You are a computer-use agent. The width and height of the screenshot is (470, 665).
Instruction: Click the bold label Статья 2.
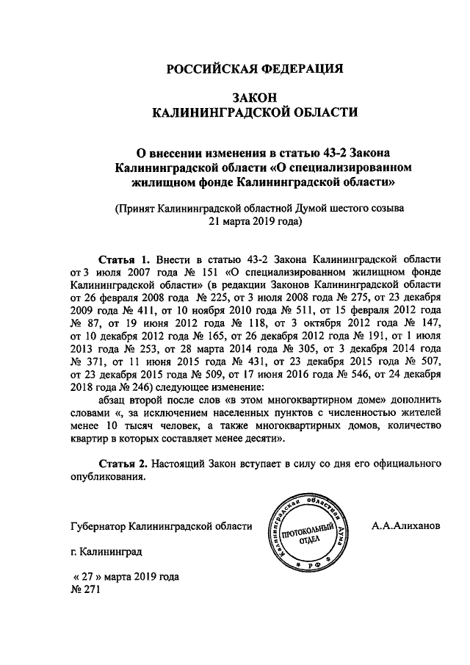pyautogui.click(x=124, y=464)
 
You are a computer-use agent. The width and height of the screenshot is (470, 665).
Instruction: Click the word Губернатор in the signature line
pyautogui.click(x=98, y=527)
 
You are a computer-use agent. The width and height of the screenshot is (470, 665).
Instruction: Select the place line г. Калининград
pyautogui.click(x=106, y=550)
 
